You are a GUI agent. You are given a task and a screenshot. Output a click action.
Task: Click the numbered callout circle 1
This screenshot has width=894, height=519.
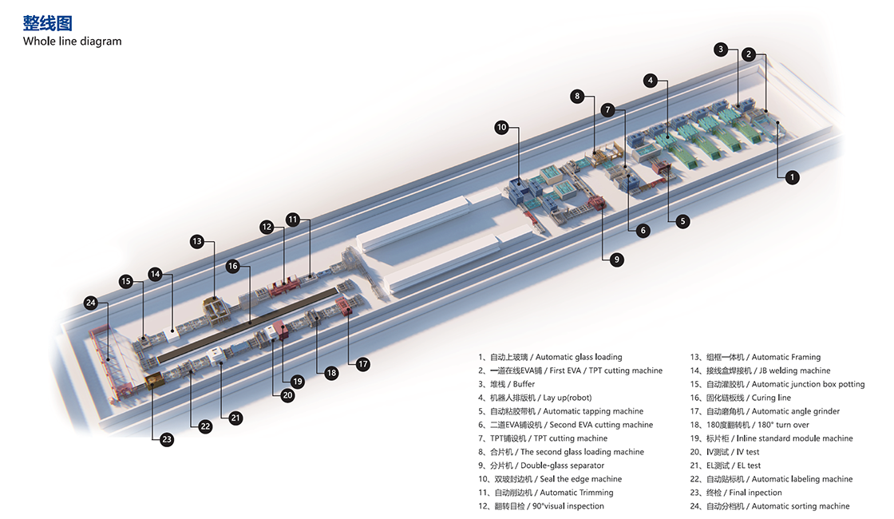coord(792,177)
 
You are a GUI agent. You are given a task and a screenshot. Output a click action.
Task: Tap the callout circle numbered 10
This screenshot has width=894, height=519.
coord(501,127)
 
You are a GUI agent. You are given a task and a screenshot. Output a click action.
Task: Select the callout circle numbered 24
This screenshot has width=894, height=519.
coord(91,303)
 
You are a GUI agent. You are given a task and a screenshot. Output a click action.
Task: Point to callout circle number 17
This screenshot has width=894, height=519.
coord(363,364)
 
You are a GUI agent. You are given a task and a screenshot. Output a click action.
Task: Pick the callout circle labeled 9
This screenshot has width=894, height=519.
coord(616,259)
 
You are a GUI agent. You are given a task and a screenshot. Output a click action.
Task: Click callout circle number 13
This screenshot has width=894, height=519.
coord(197,240)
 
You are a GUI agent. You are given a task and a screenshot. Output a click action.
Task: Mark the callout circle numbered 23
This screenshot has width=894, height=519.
coord(167,439)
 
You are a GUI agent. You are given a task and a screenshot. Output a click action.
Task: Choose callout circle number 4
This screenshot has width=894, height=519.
coord(651,81)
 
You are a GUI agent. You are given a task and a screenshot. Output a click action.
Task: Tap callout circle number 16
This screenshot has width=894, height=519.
coord(232,266)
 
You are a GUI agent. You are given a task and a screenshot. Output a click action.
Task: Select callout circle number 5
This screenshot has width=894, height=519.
coord(682,221)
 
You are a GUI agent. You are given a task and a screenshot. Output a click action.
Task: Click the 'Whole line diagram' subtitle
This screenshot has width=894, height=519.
coord(73,42)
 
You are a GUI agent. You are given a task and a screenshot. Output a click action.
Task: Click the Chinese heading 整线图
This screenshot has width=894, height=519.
coord(48,22)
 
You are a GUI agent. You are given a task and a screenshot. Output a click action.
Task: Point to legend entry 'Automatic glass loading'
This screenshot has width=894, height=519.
coord(550,357)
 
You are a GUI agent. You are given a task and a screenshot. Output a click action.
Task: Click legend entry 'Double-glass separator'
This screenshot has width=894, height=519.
coord(541,466)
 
